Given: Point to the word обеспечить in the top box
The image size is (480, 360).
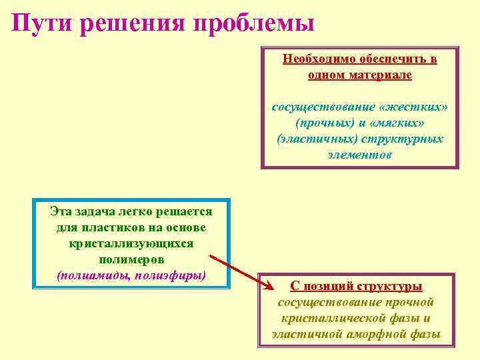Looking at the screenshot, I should pyautogui.click(x=385, y=59).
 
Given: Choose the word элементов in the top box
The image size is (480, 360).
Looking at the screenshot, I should pyautogui.click(x=360, y=155).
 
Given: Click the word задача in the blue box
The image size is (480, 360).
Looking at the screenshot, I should pyautogui.click(x=103, y=212).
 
